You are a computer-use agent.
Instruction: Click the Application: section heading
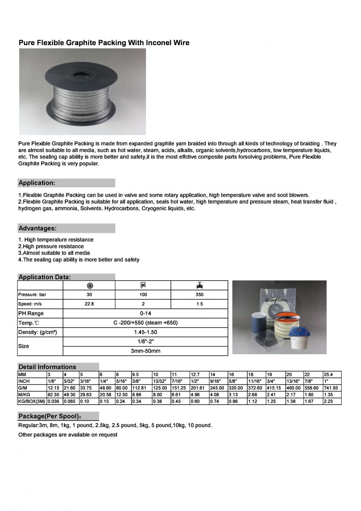click(x=37, y=183)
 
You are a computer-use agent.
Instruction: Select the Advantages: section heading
click(x=37, y=229)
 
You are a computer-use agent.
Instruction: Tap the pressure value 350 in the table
click(x=199, y=295)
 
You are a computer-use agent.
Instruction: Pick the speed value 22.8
click(x=89, y=304)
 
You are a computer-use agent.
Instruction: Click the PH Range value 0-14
click(x=145, y=313)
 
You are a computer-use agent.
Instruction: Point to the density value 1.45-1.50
click(x=145, y=332)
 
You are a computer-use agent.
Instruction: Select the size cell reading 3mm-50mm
click(x=145, y=351)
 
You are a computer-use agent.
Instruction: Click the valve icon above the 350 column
click(x=199, y=285)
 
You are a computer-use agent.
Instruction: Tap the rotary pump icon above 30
click(x=89, y=285)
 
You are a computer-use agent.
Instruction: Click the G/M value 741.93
click(x=331, y=388)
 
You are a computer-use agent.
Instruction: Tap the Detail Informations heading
click(x=47, y=367)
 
